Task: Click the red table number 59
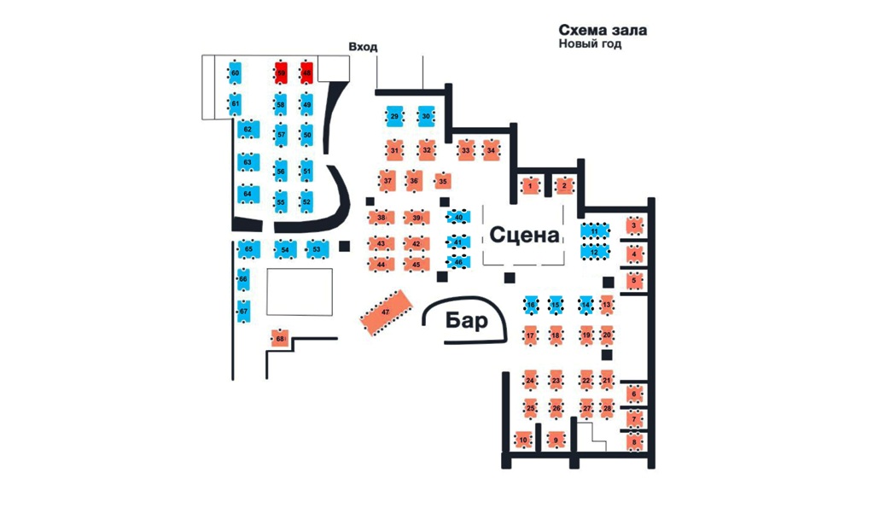280,73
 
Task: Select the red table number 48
307,73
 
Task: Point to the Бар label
466,321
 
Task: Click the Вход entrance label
363,47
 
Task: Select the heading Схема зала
603,30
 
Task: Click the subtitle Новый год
590,44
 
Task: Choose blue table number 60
235,73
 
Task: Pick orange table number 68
279,339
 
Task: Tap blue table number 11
595,231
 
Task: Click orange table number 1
531,185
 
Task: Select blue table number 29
394,116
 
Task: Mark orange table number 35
442,181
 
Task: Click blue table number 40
458,218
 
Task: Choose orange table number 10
523,440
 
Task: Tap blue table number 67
243,311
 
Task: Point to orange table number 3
634,226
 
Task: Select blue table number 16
531,305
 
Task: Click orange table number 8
634,441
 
